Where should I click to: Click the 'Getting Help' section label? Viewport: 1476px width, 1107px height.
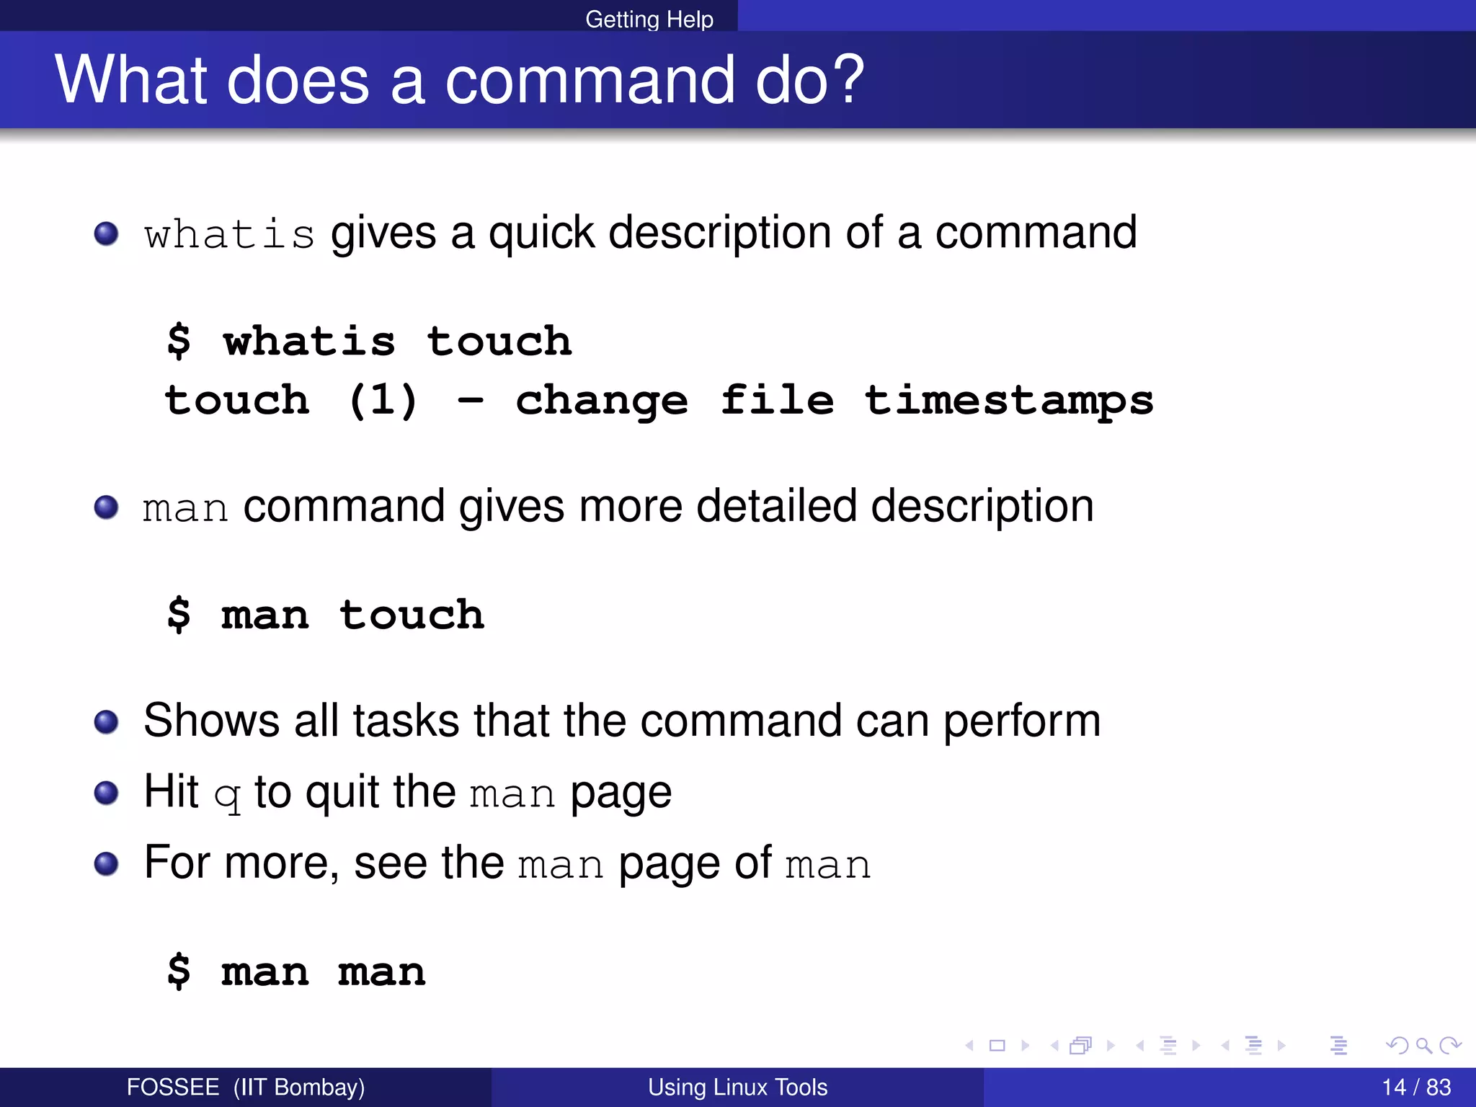(649, 19)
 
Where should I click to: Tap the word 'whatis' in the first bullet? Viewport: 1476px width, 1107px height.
(229, 235)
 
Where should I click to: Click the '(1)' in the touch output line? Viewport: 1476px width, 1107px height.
(383, 400)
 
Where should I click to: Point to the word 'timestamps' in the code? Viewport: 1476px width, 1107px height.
(1009, 400)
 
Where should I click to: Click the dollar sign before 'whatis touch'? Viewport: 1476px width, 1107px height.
(179, 341)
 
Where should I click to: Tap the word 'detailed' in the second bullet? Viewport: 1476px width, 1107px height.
(767, 506)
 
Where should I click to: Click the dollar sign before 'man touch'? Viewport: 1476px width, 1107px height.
(179, 615)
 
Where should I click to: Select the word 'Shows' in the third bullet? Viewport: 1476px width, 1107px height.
(211, 720)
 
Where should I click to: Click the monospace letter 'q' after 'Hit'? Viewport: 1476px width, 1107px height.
(227, 794)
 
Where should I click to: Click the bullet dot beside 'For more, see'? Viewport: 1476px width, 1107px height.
(107, 863)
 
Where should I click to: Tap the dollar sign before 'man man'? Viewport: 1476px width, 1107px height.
(179, 971)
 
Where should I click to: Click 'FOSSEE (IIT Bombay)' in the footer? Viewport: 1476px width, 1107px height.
(246, 1087)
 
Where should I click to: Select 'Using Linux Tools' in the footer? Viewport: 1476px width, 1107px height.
(737, 1087)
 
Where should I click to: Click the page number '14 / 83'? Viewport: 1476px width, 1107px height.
(1416, 1087)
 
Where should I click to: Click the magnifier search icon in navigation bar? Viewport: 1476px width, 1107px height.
(1423, 1045)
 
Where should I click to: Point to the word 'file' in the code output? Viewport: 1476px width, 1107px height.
(777, 400)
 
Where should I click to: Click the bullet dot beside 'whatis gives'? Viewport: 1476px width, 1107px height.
(107, 234)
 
